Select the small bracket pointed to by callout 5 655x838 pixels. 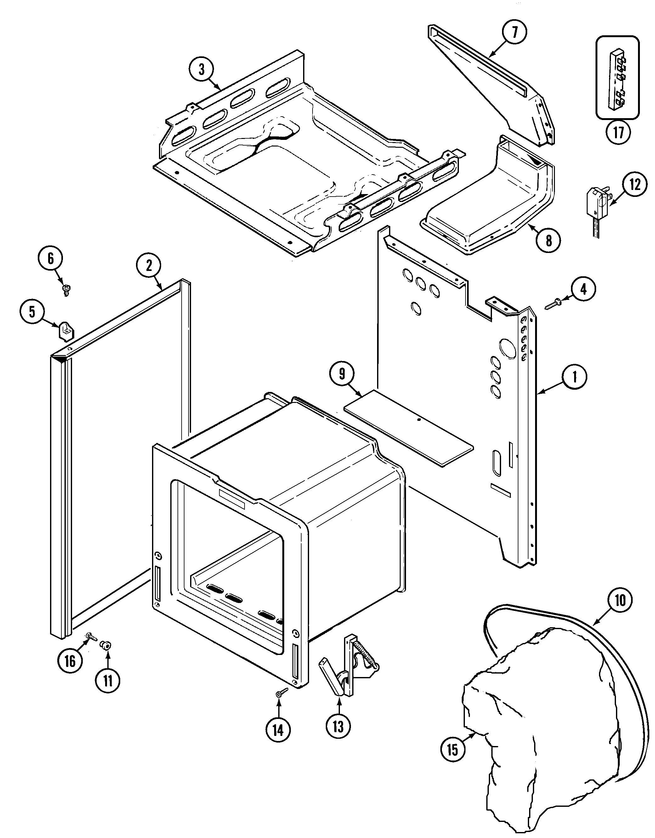(65, 330)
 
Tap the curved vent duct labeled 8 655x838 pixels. (495, 204)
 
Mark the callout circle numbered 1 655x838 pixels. (574, 377)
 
